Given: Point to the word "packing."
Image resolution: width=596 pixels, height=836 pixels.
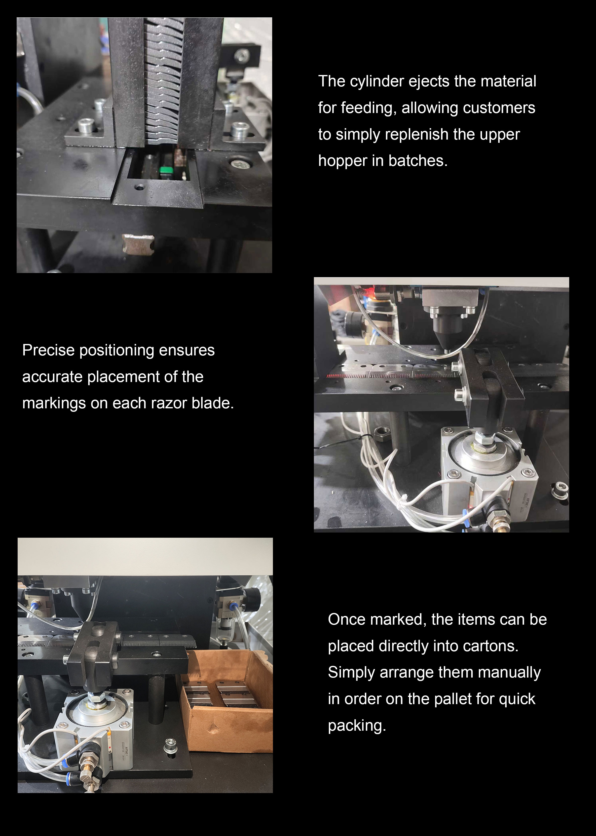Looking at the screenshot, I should tap(357, 726).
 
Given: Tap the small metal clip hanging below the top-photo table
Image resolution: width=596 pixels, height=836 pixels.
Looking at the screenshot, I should tap(138, 243).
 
